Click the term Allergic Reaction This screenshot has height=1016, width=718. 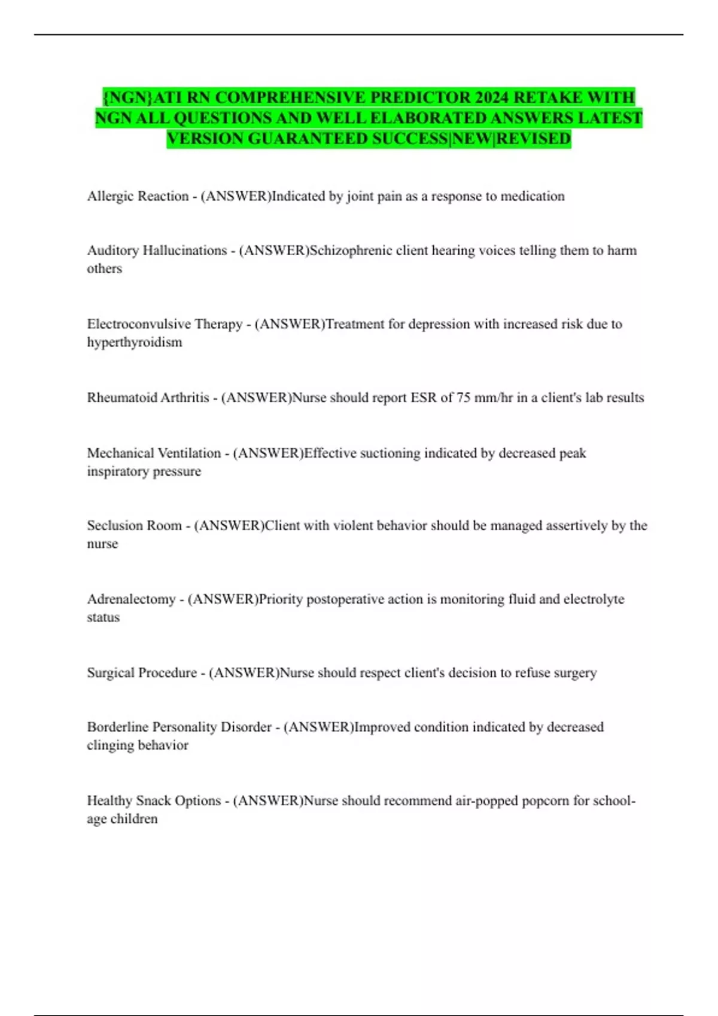pyautogui.click(x=138, y=196)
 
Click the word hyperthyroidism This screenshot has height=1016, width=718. pyautogui.click(x=135, y=342)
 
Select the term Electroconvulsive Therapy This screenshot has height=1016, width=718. pyautogui.click(x=165, y=324)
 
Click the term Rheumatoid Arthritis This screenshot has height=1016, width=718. pyautogui.click(x=148, y=397)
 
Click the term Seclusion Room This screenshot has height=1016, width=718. pyautogui.click(x=134, y=526)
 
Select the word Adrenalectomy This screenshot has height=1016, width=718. pyautogui.click(x=131, y=599)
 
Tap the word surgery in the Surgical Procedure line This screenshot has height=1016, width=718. pyautogui.click(x=574, y=673)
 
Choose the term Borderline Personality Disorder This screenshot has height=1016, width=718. pyautogui.click(x=179, y=727)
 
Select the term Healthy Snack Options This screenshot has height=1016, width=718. pyautogui.click(x=154, y=801)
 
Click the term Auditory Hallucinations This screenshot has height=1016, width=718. pyautogui.click(x=157, y=250)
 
